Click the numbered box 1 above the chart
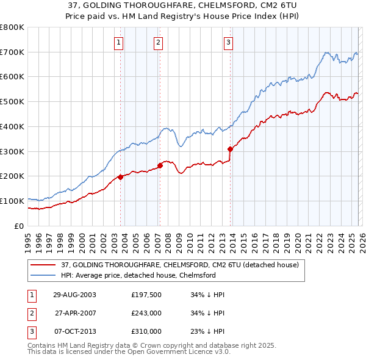[x=118, y=42]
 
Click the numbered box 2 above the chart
[x=158, y=42]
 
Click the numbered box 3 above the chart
[x=228, y=42]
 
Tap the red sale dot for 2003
[x=121, y=177]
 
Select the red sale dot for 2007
[x=160, y=165]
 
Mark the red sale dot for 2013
[x=230, y=149]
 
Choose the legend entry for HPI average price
[x=147, y=275]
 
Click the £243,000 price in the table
[x=146, y=313]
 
